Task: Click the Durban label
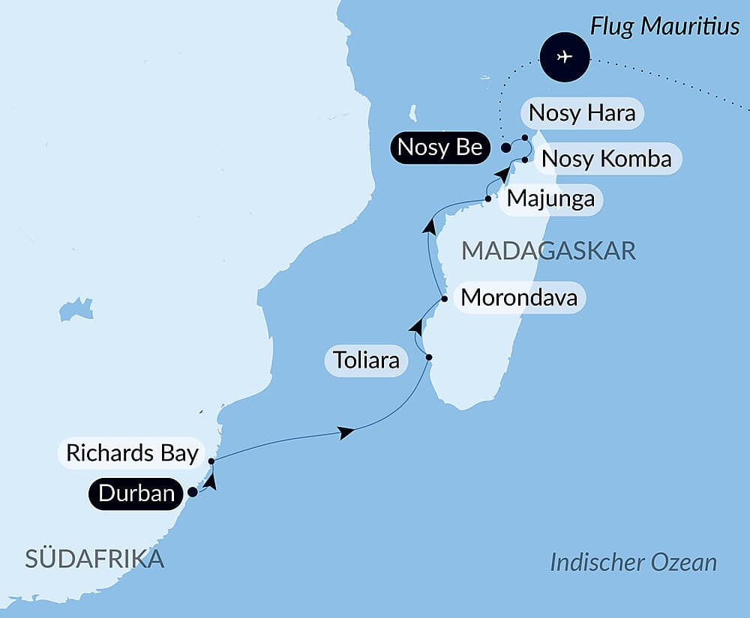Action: coord(136,494)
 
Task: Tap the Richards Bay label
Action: coord(132,454)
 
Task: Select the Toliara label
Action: coord(366,362)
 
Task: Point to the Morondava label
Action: coord(519,298)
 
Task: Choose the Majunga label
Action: coord(550,199)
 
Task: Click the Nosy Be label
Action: coord(439,148)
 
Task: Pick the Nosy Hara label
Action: coord(582,114)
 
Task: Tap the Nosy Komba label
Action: coord(606,160)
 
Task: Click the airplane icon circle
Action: coord(565,57)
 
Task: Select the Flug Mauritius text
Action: coord(664,27)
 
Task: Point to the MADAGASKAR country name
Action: coord(548,251)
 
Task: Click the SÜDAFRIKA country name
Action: coord(94,559)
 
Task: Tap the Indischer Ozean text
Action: coord(633,563)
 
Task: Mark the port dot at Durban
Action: coord(192,492)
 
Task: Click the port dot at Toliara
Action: coord(428,357)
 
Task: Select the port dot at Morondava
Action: coord(445,298)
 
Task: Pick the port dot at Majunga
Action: coord(488,199)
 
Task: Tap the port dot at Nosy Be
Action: coord(506,148)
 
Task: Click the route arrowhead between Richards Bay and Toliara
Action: coord(346,432)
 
